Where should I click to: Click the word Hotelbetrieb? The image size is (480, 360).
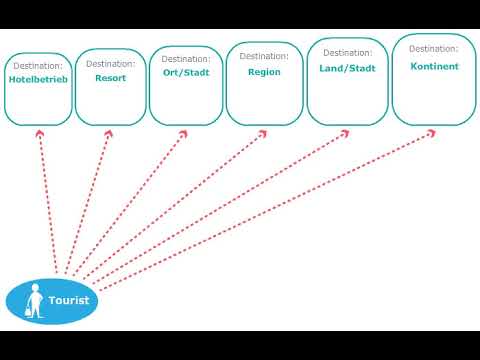38,79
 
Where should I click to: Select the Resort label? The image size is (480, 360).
110,77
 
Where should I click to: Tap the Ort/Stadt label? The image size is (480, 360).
185,72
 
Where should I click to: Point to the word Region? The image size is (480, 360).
264,71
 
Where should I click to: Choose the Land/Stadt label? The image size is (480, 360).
347,68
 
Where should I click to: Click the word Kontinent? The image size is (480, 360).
434,66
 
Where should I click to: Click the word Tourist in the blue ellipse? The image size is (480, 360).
69,300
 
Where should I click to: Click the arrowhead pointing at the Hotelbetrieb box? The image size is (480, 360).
40,131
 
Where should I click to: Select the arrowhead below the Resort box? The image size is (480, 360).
108,131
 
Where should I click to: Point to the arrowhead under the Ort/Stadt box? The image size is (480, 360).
183,131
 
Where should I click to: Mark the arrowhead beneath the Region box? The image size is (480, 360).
264,131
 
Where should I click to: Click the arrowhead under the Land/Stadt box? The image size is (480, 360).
345,131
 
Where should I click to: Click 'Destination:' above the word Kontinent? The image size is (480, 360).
434,48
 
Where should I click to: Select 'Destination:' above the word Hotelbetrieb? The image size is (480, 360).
38,66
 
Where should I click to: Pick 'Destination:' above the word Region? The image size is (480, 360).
264,56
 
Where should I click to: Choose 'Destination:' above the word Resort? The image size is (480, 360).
110,64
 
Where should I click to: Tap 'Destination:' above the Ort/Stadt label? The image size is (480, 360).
185,59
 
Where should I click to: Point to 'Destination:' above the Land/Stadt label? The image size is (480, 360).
347,53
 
